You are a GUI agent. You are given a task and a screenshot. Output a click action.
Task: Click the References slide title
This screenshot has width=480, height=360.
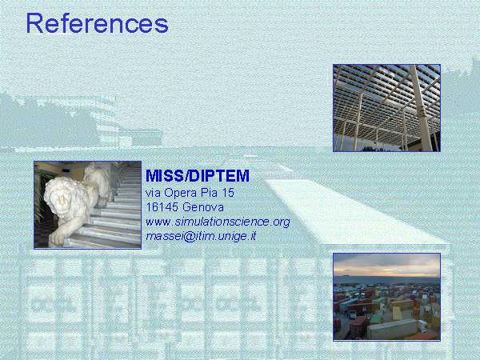click(x=98, y=23)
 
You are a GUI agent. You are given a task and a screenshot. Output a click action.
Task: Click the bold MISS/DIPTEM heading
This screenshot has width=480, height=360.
click(x=198, y=176)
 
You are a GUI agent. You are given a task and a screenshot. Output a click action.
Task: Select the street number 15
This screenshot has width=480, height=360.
click(x=228, y=193)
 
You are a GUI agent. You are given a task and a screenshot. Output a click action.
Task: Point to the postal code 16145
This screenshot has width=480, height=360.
click(x=162, y=207)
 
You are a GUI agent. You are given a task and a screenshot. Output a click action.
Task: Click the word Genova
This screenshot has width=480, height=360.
click(x=203, y=207)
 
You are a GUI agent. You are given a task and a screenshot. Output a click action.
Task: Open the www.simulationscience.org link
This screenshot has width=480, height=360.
click(x=218, y=222)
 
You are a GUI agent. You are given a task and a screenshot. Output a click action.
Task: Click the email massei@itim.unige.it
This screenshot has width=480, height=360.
click(x=201, y=236)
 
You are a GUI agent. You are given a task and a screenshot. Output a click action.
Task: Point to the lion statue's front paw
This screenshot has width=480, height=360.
click(x=58, y=238)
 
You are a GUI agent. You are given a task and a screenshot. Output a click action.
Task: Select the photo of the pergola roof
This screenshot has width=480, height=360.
click(x=386, y=108)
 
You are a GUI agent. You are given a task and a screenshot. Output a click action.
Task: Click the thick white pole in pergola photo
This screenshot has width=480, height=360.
click(x=422, y=109)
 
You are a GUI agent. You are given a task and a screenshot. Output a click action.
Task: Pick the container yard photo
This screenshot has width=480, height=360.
click(x=386, y=297)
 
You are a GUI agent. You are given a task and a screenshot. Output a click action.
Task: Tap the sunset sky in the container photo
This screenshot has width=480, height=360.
click(x=386, y=265)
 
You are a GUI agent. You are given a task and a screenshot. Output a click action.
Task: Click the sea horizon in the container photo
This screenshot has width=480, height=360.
click(x=386, y=277)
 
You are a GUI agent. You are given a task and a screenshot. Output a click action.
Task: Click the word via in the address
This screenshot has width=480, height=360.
click(x=153, y=193)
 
